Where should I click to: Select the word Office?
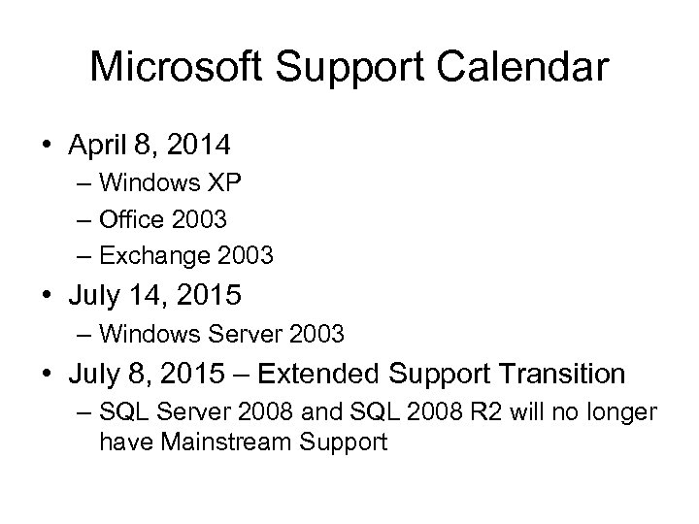(130, 220)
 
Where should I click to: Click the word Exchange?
(148, 257)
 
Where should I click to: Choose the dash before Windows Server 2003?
(83, 334)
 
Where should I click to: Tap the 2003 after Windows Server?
(312, 334)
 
